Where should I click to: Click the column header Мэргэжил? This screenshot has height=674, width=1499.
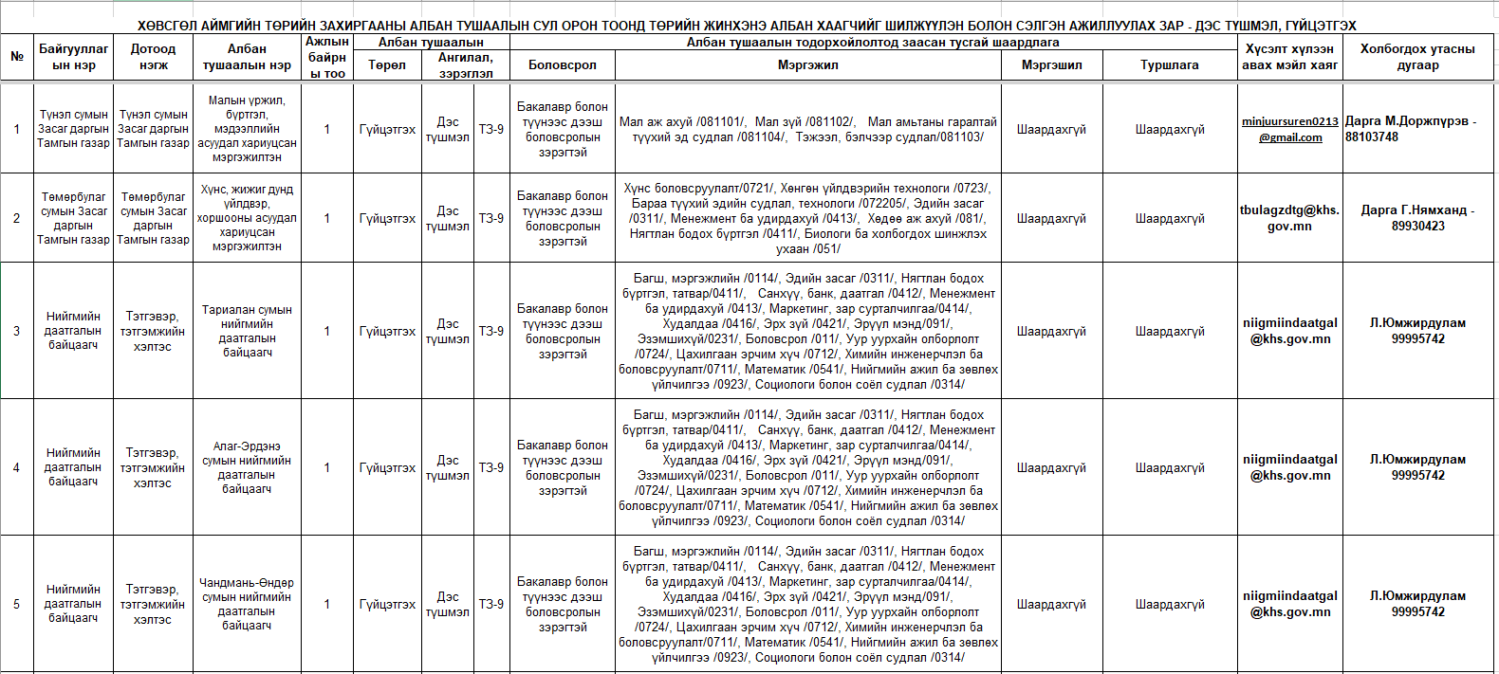tap(807, 65)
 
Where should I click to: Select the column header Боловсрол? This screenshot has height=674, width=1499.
tap(562, 65)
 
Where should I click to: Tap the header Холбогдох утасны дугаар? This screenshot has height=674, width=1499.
tap(1417, 57)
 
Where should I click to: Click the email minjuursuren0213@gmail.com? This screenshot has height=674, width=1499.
tap(1290, 129)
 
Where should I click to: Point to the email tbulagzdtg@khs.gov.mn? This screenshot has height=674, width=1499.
tap(1289, 218)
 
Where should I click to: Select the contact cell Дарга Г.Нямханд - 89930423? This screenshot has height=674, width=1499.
tap(1417, 218)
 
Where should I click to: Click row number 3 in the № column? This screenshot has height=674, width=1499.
tap(16, 331)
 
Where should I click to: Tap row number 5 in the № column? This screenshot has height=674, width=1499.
tap(16, 604)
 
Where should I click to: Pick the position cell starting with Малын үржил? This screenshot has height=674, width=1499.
tap(247, 129)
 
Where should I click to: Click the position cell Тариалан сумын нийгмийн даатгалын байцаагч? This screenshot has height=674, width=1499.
tap(247, 331)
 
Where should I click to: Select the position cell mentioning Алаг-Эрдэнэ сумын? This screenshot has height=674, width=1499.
tap(247, 467)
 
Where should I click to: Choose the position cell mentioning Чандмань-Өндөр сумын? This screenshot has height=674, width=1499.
tap(247, 604)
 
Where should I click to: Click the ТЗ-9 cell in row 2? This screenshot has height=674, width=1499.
tap(491, 218)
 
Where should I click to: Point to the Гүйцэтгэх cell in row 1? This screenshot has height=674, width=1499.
tap(387, 129)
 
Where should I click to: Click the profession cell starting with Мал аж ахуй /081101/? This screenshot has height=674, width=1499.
tap(807, 129)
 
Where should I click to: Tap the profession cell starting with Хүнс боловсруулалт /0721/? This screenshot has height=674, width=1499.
tap(807, 218)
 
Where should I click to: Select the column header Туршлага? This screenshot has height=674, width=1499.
tap(1169, 65)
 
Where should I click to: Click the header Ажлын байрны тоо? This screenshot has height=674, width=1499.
tap(327, 57)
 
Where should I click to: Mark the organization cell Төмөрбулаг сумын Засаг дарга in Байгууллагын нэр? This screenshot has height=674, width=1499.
tap(73, 218)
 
